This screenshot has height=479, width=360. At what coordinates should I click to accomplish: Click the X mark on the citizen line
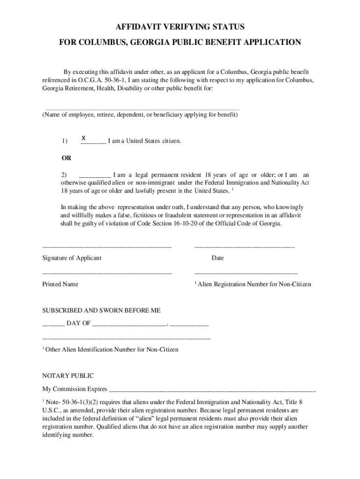[83, 138]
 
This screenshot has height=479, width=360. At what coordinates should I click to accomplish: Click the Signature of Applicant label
[72, 258]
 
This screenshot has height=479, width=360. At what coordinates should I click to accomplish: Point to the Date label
[217, 258]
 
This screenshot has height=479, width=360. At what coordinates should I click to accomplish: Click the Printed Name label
[60, 284]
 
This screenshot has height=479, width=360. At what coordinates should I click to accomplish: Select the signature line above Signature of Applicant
[107, 247]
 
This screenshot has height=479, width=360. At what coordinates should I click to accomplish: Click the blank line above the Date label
[244, 247]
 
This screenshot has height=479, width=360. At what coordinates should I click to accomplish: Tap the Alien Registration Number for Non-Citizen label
[254, 284]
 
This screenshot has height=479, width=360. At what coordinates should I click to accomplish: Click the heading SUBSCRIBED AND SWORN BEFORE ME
[101, 310]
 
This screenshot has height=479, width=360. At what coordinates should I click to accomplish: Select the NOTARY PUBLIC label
[68, 376]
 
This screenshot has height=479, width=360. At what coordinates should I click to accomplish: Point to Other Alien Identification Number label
[112, 349]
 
